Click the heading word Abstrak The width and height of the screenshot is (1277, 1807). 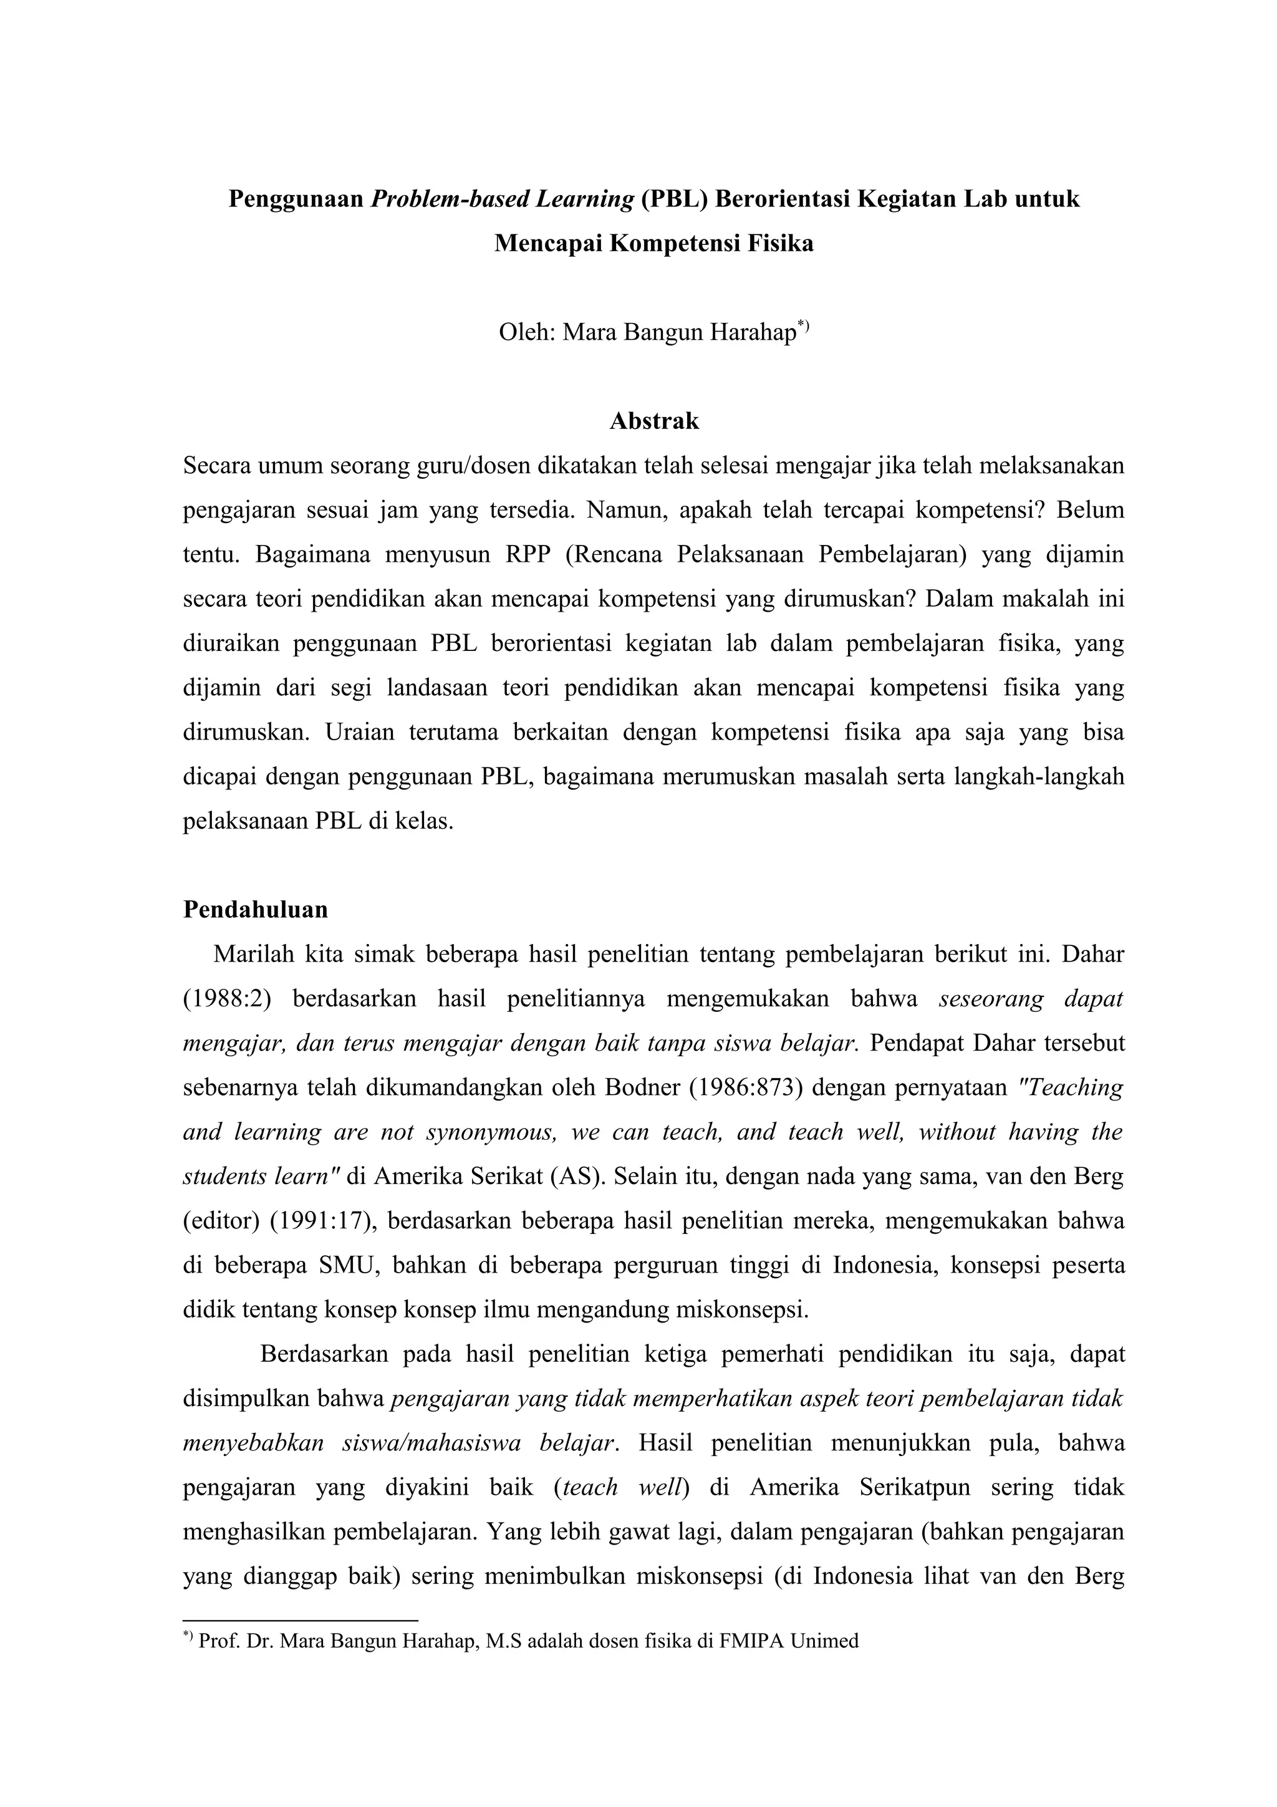point(654,421)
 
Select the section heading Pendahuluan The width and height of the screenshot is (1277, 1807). point(255,910)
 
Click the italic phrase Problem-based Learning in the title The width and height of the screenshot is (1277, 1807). point(502,199)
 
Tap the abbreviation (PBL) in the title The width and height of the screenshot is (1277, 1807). point(674,199)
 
